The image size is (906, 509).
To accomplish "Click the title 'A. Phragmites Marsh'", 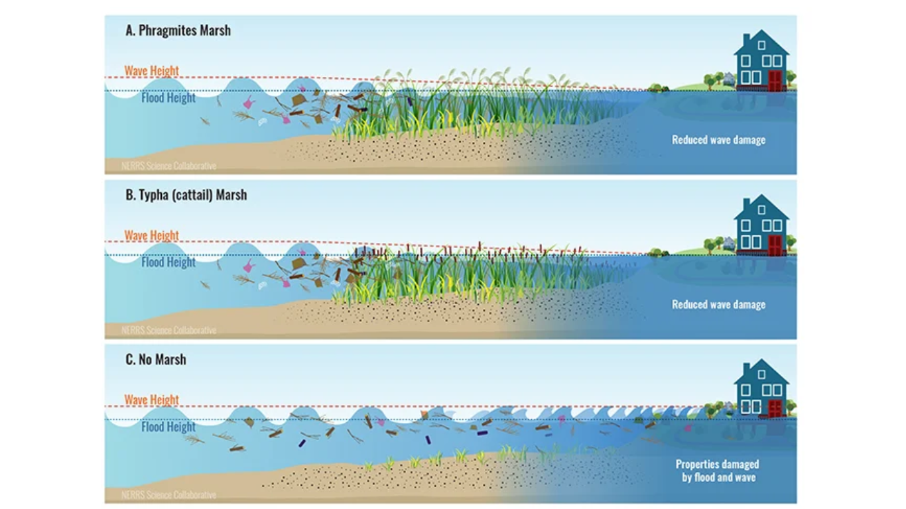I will tap(178, 30).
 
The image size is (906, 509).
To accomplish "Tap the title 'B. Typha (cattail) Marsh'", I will tap(186, 195).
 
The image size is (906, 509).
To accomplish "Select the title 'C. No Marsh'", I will tap(156, 359).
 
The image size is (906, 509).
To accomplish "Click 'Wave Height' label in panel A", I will tap(152, 70).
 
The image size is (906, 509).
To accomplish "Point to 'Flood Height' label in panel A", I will tap(168, 98).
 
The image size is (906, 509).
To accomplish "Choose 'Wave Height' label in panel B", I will tap(152, 235).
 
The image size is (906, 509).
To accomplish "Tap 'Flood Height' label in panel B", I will tap(168, 262).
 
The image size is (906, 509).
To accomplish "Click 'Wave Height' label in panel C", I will tap(152, 400).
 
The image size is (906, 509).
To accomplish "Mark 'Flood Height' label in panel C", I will tap(168, 427).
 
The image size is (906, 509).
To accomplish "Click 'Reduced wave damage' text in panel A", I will tap(718, 140).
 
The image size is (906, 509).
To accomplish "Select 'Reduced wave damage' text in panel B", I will tap(718, 304).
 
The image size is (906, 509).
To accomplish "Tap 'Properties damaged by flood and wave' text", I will tap(717, 471).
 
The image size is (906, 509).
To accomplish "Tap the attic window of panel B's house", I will tap(761, 209).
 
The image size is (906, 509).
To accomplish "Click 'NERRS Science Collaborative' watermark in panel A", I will tap(168, 166).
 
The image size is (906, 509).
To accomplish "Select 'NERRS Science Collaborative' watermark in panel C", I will tap(168, 494).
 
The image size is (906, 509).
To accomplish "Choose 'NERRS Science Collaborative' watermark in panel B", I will tap(168, 330).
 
